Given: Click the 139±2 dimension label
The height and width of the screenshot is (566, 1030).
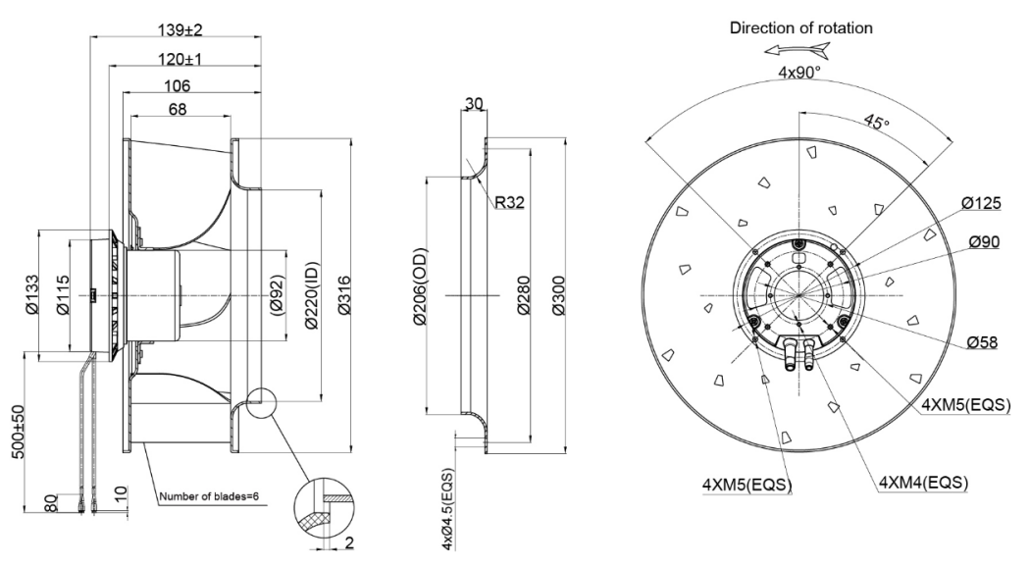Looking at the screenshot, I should click(x=176, y=29).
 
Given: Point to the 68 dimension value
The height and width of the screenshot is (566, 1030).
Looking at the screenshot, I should click(x=178, y=110).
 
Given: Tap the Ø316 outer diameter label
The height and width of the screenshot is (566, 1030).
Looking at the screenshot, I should click(x=341, y=295).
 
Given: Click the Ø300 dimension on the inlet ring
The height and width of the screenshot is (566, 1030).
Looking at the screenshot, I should click(x=557, y=295).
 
